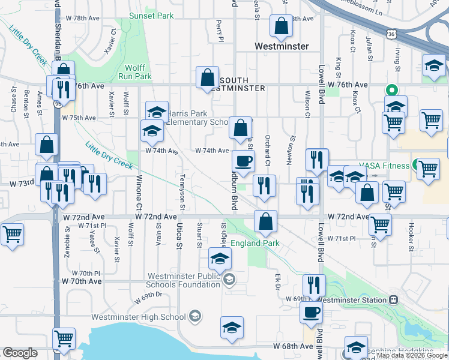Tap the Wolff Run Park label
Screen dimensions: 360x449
(138, 72)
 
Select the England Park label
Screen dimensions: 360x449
(255, 243)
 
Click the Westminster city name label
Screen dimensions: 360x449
(282, 46)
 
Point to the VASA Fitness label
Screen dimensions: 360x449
(384, 166)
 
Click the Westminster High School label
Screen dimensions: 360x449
(139, 317)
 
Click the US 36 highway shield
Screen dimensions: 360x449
(391, 35)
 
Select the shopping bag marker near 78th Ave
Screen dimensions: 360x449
(281, 27)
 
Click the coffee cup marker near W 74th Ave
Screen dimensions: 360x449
(243, 161)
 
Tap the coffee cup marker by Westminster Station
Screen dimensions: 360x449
(311, 313)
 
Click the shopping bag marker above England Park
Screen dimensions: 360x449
(265, 221)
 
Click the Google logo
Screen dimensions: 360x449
(20, 353)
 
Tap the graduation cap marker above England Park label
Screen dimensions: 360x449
(220, 259)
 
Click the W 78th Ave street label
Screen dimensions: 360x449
(83, 19)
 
